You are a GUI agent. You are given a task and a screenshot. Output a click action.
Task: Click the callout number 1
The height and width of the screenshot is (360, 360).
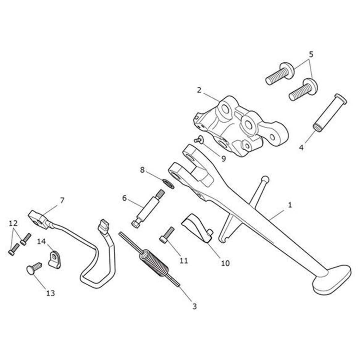289,205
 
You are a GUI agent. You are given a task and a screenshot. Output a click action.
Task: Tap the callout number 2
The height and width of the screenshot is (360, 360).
199,90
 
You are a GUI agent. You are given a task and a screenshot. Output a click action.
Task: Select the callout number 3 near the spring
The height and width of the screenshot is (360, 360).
194,306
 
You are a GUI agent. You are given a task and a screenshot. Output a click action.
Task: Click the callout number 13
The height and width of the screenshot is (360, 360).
50,293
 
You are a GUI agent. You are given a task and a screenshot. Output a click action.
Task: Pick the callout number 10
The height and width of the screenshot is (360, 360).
225,263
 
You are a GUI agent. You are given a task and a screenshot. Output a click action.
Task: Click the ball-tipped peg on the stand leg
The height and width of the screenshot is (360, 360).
264,180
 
